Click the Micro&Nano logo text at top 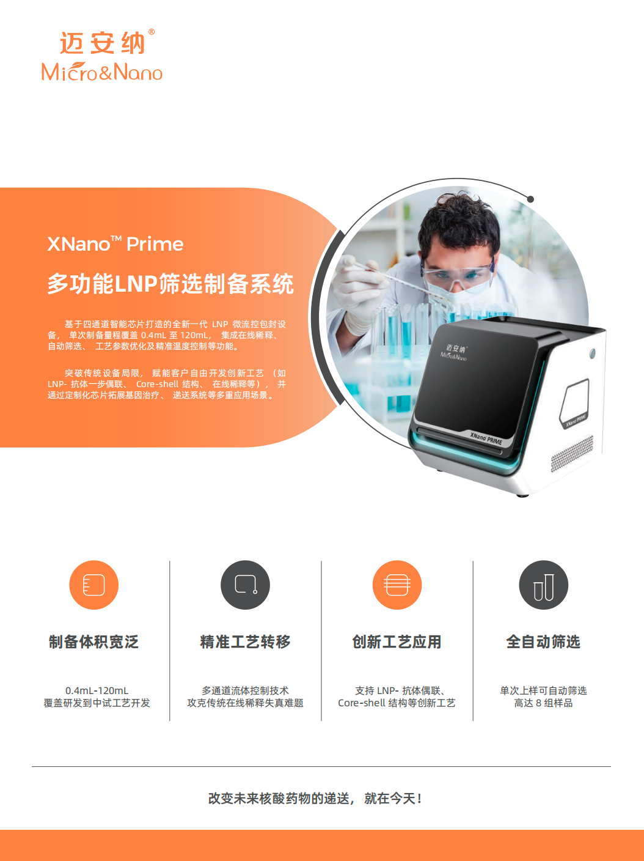(102, 72)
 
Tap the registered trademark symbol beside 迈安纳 (152, 32)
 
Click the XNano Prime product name (115, 243)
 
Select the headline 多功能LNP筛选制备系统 (170, 284)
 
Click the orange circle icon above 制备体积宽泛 (93, 585)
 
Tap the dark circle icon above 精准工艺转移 (246, 585)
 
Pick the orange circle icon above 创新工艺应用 (397, 585)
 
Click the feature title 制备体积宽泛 (93, 641)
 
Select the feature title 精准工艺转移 (246, 641)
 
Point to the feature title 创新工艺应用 (397, 641)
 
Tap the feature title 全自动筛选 (544, 641)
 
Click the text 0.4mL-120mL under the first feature (97, 690)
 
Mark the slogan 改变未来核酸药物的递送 (279, 798)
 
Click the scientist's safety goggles (456, 275)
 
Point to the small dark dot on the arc (531, 199)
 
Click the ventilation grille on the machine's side (572, 454)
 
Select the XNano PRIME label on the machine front (486, 438)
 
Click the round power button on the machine (593, 353)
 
